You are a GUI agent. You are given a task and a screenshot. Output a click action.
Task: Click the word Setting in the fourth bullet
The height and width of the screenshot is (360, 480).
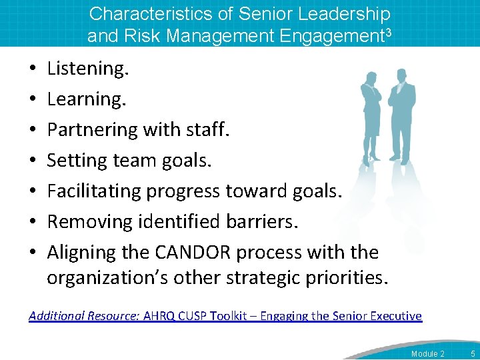[x=73, y=160]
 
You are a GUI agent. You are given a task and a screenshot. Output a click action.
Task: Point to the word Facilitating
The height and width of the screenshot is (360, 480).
[x=95, y=191]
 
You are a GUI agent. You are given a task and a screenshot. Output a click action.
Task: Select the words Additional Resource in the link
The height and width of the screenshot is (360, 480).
[x=83, y=316]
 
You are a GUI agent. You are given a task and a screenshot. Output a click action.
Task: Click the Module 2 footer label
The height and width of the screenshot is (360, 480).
[x=427, y=352]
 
